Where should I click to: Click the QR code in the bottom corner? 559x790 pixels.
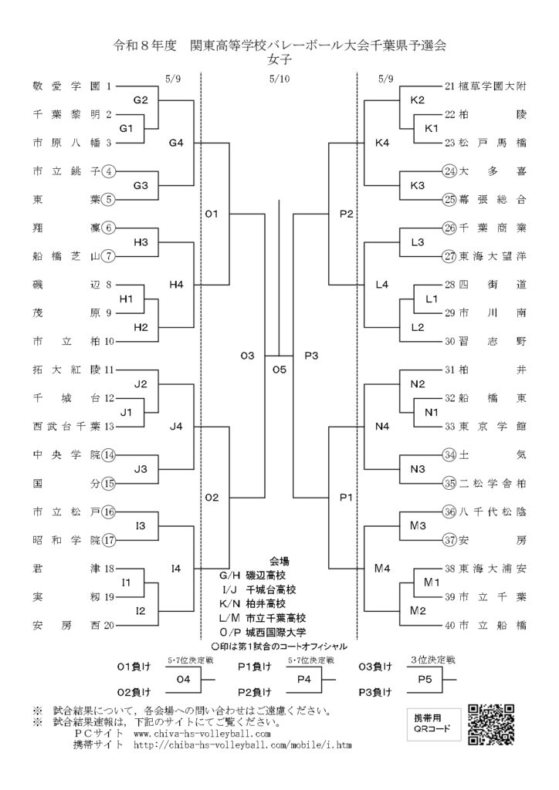[491, 724]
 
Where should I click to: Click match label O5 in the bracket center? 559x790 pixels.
[279, 370]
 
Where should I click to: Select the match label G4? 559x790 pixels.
[176, 143]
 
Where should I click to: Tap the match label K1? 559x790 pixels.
[432, 129]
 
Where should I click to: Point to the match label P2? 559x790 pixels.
[347, 214]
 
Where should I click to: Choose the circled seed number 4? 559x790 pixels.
[108, 171]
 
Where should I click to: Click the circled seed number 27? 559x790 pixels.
[449, 256]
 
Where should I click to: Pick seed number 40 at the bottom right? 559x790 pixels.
[449, 625]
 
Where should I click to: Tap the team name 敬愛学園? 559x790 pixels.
[66, 86]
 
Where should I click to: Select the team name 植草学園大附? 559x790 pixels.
[493, 86]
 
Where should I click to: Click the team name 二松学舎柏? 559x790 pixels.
[493, 484]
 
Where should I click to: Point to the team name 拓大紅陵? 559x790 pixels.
[66, 370]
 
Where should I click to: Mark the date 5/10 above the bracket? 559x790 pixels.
[279, 79]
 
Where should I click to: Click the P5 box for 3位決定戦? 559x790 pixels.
[425, 679]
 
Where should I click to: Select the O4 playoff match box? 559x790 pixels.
[184, 679]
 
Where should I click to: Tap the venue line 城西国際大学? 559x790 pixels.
[262, 632]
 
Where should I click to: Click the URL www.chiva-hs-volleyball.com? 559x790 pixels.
[202, 733]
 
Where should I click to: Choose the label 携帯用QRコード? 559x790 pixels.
[433, 724]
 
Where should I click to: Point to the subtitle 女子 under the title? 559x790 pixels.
[279, 59]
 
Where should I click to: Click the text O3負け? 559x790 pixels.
[375, 667]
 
